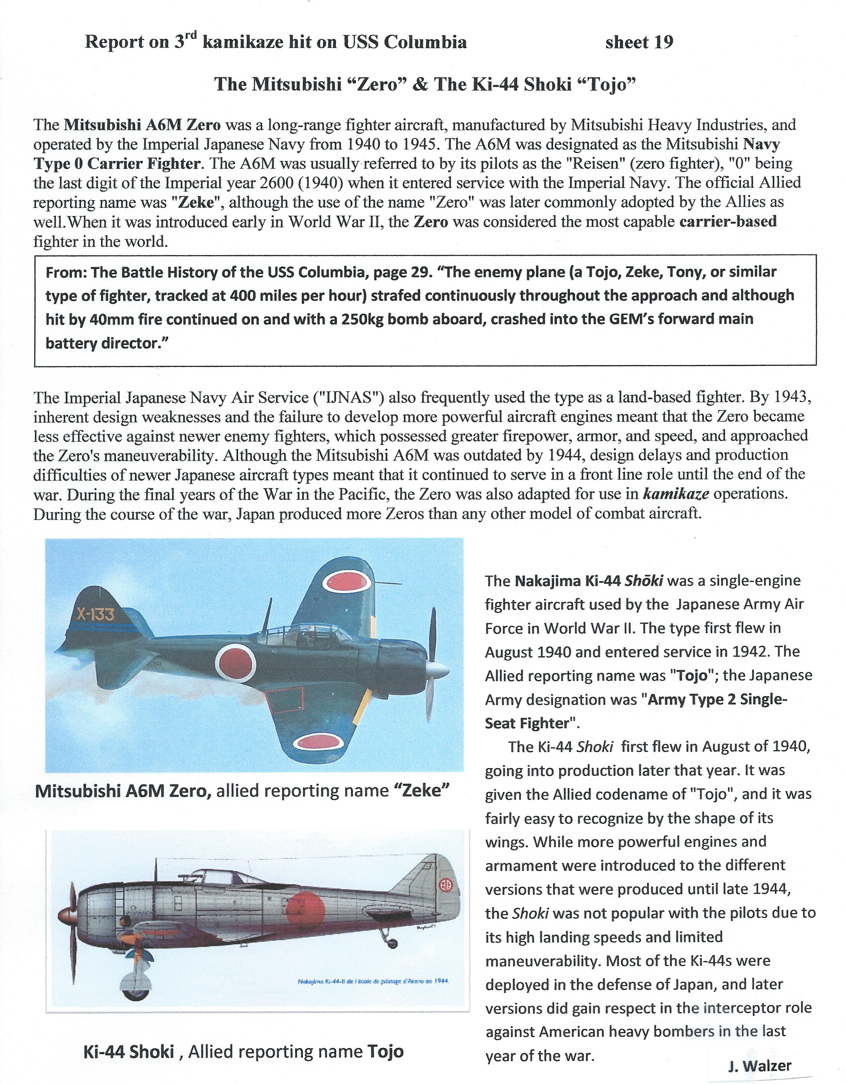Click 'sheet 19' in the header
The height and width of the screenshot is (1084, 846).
tap(639, 43)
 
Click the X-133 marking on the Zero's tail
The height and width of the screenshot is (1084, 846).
tap(96, 614)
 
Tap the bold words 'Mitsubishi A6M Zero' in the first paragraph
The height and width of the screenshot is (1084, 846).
tap(142, 125)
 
